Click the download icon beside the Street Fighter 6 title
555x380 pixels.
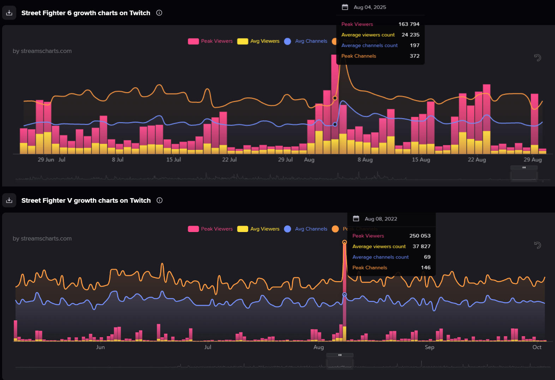coord(9,13)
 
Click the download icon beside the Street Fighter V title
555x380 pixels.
coord(9,201)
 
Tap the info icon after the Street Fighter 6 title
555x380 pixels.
coord(159,13)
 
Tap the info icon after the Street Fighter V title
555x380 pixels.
coord(160,201)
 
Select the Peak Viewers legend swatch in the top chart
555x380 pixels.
coord(193,41)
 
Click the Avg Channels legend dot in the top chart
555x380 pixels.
coord(288,41)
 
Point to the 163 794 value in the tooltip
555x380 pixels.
coord(409,24)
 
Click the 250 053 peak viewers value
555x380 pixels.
coord(420,236)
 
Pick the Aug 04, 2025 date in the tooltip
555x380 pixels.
coord(370,7)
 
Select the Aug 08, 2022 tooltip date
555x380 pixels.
coord(381,219)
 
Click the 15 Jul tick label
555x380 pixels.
coord(173,160)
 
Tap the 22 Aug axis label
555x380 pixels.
coord(477,160)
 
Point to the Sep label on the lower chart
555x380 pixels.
coord(429,347)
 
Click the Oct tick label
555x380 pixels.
coord(537,347)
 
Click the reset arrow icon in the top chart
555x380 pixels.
coord(537,58)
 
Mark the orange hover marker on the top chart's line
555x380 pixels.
coord(335,98)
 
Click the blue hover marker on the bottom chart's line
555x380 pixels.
coord(345,295)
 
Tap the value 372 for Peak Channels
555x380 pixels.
coord(414,56)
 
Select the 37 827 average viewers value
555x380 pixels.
coord(421,246)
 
